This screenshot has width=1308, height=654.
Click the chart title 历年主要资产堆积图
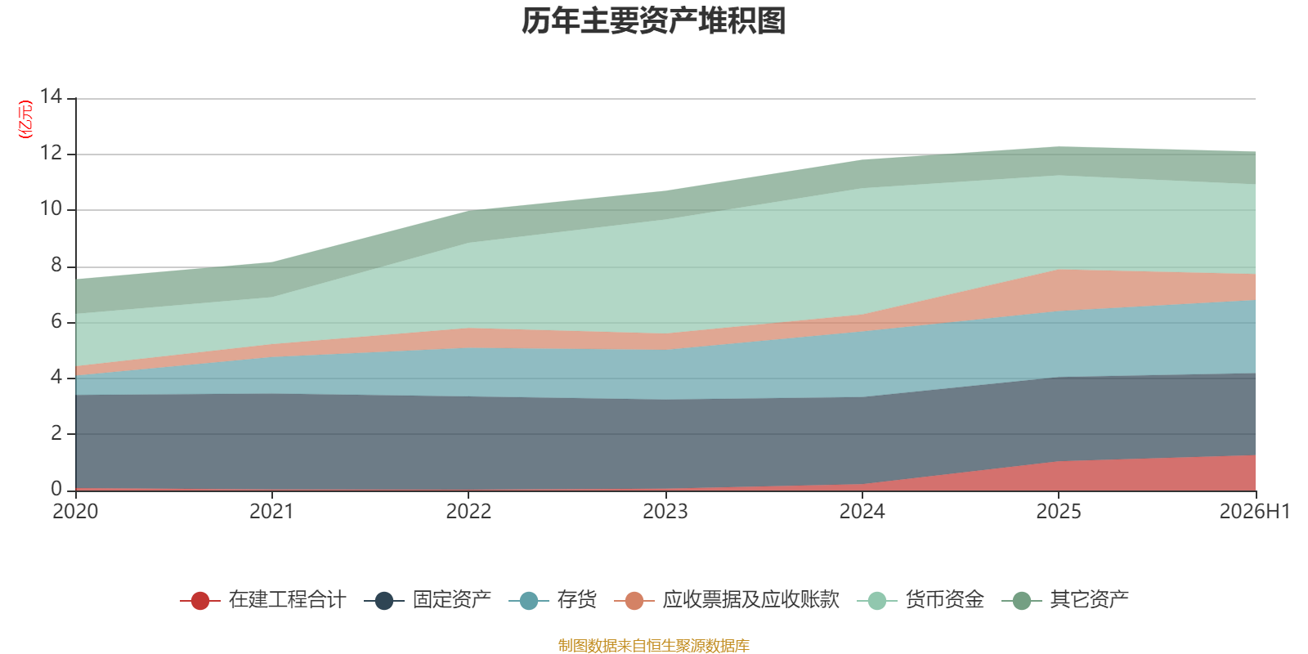653,21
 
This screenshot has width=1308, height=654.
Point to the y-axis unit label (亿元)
25,119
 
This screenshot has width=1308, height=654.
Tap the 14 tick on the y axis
51,96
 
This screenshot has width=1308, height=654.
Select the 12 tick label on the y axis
51,153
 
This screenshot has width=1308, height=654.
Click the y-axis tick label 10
51,208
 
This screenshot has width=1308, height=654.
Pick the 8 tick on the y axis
56,265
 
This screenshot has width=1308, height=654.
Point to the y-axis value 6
56,321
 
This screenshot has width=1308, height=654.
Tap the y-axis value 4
56,377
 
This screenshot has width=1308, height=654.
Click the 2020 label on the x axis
75,512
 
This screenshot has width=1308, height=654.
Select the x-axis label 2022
469,512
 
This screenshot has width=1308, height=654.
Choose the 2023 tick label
665,512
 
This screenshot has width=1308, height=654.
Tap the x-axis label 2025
1059,512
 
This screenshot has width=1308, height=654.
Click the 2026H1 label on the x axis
1255,512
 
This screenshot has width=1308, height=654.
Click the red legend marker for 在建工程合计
200,600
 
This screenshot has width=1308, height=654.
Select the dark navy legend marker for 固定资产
383,600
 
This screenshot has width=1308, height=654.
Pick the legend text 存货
576,600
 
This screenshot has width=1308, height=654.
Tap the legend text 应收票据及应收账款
751,600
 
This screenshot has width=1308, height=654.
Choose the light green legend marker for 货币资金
877,600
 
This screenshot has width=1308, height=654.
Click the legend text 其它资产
1089,600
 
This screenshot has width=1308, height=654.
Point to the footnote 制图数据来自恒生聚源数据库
653,645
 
